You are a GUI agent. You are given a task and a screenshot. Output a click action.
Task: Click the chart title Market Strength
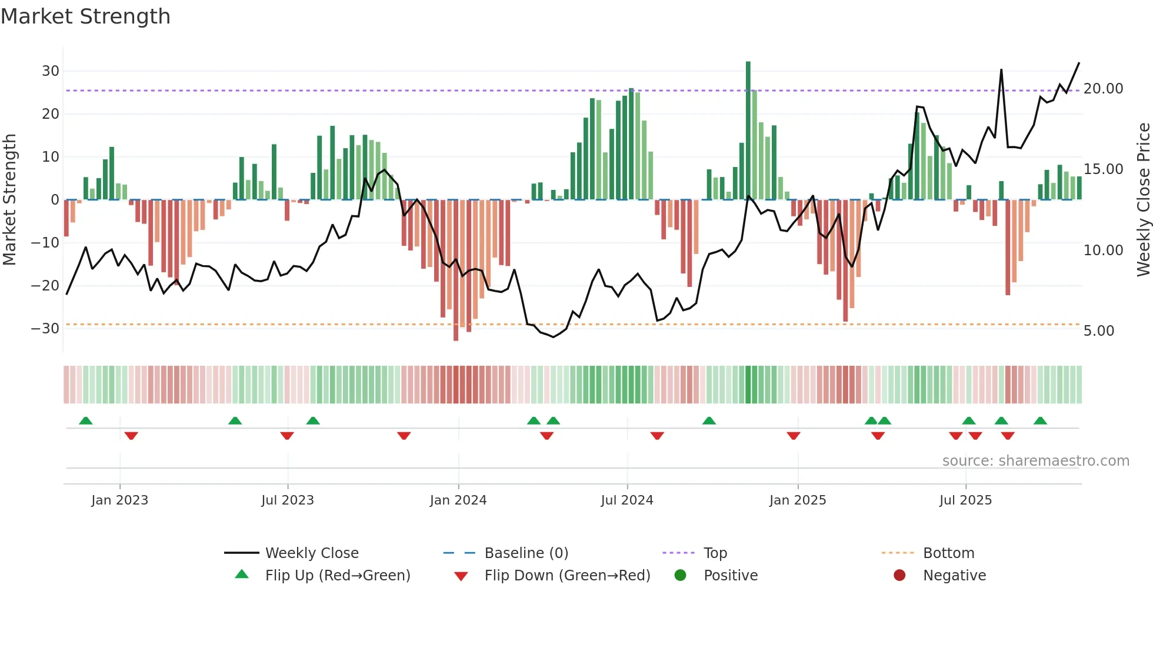tap(85, 16)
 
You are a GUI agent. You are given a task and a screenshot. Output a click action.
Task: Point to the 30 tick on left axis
tap(51, 71)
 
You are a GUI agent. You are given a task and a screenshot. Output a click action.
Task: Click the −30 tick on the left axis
tap(46, 329)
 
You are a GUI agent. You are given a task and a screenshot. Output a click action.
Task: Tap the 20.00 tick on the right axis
tap(1103, 89)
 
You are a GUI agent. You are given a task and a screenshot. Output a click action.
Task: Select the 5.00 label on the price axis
tap(1098, 331)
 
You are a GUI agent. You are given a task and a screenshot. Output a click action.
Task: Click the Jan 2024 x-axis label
tap(458, 500)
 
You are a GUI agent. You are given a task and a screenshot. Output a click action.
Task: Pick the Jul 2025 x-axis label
tap(965, 500)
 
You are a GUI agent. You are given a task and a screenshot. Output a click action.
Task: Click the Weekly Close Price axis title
tap(1143, 200)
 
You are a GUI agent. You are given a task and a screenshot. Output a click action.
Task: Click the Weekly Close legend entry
tap(311, 553)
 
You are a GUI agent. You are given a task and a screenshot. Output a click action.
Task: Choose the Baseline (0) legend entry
tap(526, 553)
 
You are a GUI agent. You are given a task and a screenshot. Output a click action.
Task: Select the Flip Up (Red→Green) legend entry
tap(337, 576)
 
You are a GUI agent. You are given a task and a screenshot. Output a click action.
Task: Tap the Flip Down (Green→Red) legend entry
tap(567, 576)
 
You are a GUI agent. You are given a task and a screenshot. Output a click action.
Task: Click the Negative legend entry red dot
tap(899, 575)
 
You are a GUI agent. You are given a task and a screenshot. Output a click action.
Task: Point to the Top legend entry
tap(715, 553)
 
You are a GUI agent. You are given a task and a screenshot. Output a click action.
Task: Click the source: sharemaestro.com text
tap(1035, 461)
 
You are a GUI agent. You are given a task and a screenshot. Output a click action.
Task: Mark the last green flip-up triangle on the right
tap(1040, 421)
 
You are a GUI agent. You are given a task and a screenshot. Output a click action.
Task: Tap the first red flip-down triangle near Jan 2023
tap(131, 436)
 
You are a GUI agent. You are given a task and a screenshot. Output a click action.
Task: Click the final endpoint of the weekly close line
tap(1079, 63)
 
